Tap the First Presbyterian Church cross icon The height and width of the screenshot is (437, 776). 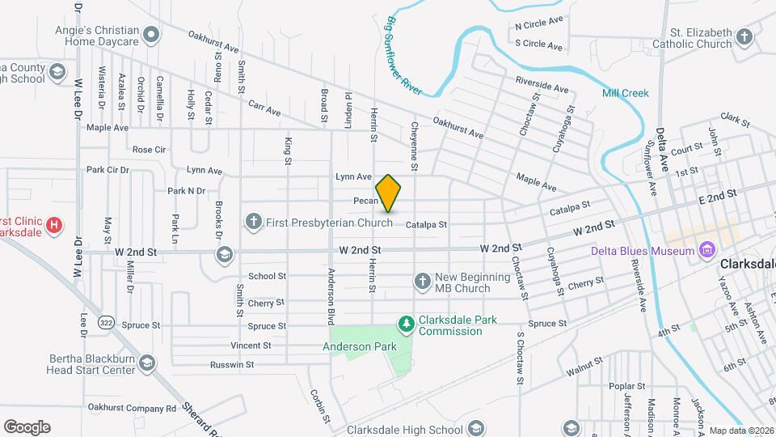click(x=253, y=220)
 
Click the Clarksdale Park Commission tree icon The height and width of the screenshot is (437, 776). click(x=406, y=324)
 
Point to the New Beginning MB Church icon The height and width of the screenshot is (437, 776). click(x=421, y=282)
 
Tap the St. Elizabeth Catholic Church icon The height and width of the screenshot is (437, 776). click(x=744, y=36)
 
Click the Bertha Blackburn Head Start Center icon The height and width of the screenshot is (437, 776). click(x=146, y=363)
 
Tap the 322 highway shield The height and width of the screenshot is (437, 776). click(x=106, y=323)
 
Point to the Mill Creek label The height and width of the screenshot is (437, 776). click(x=625, y=93)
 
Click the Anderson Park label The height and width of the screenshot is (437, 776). click(x=360, y=346)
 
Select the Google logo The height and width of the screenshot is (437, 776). click(x=27, y=426)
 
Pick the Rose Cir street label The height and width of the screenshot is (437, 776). click(x=149, y=150)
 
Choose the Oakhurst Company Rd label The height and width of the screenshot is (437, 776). click(x=131, y=408)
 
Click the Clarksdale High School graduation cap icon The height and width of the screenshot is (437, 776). click(x=477, y=428)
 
